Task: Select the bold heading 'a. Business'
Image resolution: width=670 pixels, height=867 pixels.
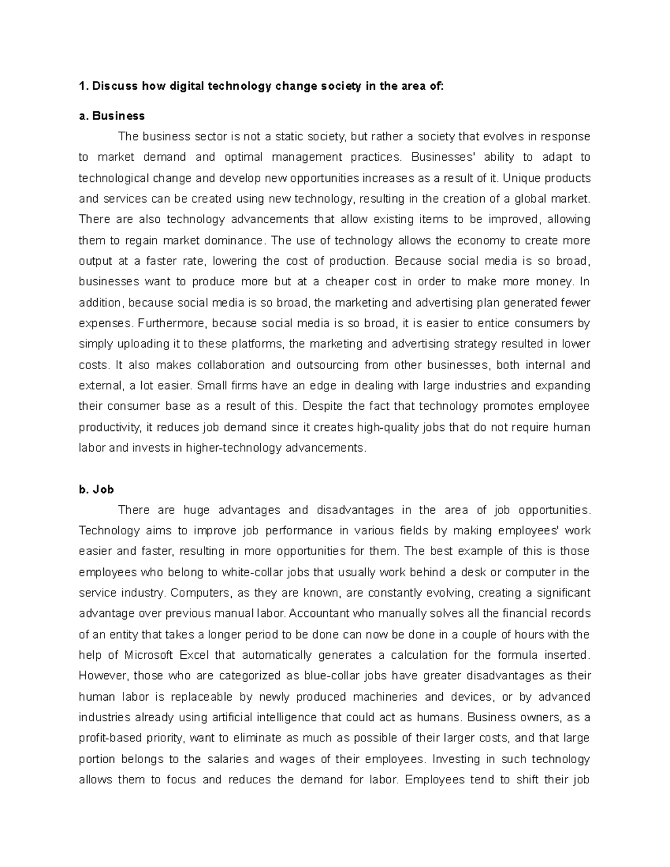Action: [112, 116]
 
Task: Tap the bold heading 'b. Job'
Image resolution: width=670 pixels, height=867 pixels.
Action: [97, 490]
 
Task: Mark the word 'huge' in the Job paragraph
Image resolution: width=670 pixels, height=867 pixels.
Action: [197, 510]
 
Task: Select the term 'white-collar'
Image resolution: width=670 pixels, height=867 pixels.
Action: [253, 572]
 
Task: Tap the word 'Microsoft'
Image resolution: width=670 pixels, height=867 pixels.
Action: [149, 655]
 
